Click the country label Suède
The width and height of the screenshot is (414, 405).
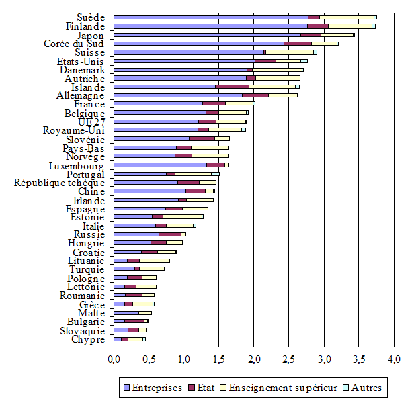click(90, 17)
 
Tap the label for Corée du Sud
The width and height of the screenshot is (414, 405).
click(74, 44)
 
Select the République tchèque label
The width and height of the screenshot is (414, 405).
click(60, 182)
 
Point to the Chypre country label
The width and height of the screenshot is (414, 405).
click(89, 339)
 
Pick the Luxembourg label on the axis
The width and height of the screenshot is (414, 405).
click(76, 165)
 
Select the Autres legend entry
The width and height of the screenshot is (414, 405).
click(366, 388)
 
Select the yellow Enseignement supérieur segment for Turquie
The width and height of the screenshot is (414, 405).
click(152, 269)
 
